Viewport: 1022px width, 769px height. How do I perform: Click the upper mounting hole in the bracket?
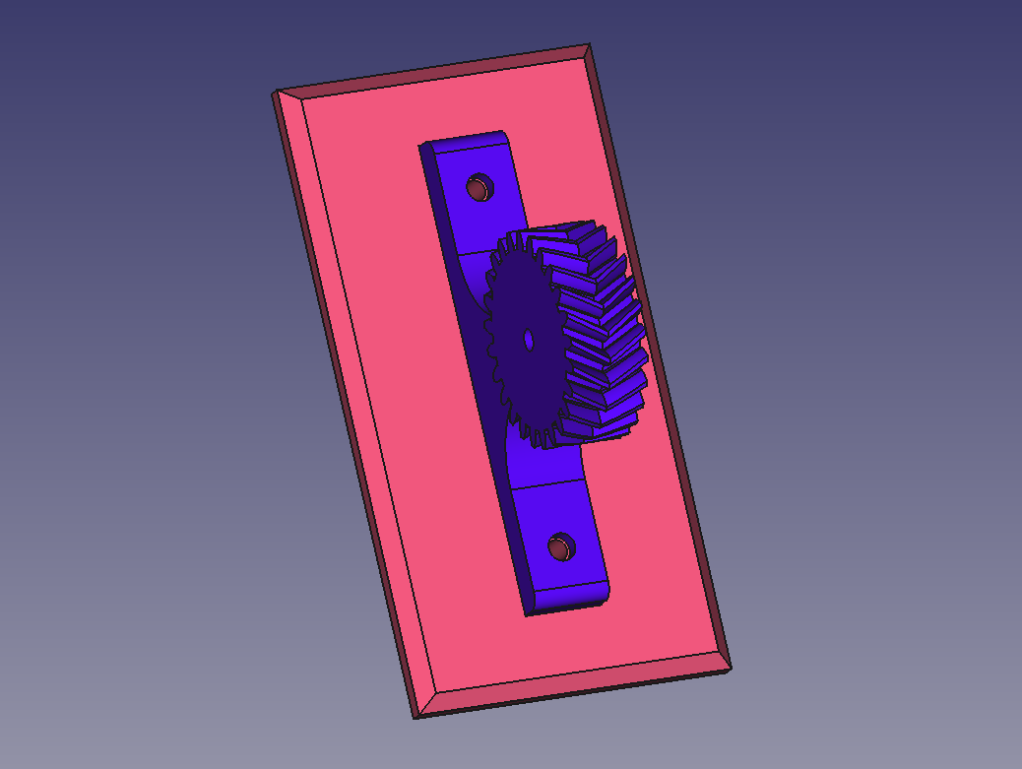[x=479, y=187]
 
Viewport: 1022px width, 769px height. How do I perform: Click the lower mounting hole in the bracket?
[x=561, y=547]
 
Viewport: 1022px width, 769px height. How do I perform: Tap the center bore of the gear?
[x=529, y=340]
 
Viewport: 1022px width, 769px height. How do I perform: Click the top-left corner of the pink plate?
[x=274, y=95]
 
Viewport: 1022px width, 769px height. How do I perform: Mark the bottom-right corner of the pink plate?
[x=730, y=668]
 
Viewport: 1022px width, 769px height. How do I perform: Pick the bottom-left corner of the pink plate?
[x=415, y=716]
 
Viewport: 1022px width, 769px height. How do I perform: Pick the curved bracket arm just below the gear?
[x=537, y=463]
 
